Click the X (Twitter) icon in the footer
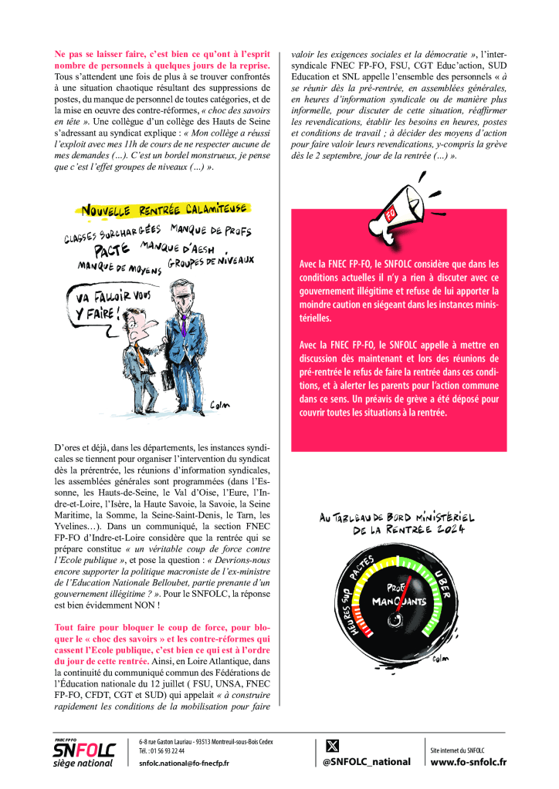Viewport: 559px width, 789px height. [x=334, y=745]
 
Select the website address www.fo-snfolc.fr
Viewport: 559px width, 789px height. [x=468, y=762]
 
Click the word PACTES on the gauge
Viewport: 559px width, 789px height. [x=365, y=568]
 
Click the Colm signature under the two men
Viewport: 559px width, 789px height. [x=222, y=406]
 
